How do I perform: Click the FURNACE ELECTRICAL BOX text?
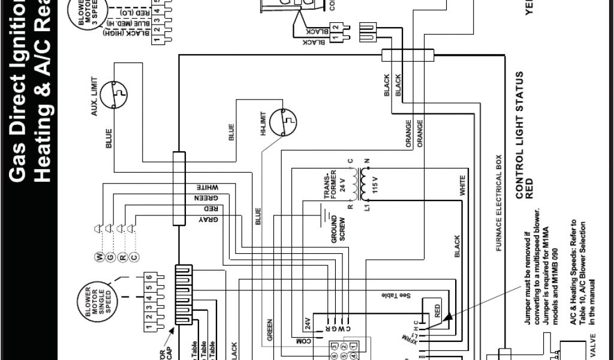click(498, 205)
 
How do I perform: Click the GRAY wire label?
click(208, 220)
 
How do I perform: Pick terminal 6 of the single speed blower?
click(148, 278)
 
